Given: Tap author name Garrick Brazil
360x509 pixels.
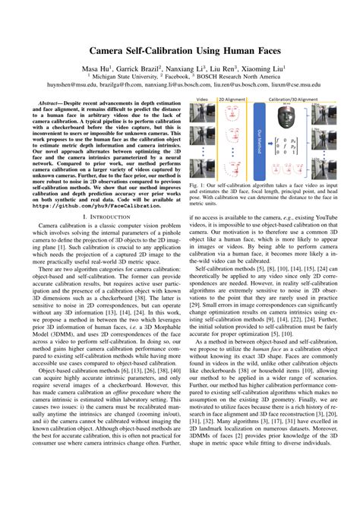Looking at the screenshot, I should click(141, 68).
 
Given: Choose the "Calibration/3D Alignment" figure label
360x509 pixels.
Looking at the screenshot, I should click(295, 100).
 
